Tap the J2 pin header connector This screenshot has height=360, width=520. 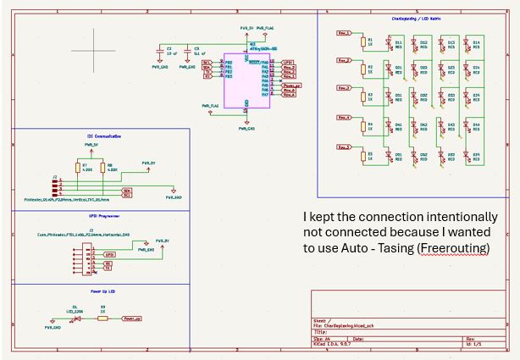pyautogui.click(x=58, y=186)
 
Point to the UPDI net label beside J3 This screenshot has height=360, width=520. pyautogui.click(x=109, y=254)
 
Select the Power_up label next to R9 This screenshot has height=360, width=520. pyautogui.click(x=130, y=319)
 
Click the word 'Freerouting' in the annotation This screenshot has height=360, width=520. pyautogui.click(x=456, y=247)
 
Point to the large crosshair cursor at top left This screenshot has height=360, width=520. pyautogui.click(x=94, y=49)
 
